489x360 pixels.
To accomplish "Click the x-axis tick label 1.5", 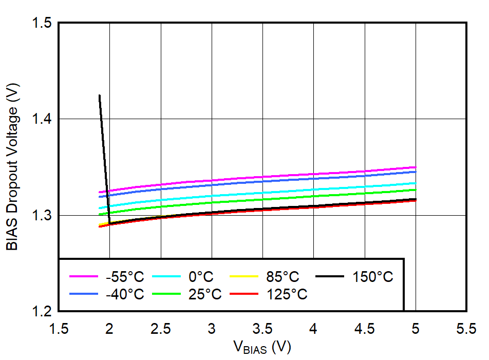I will [x=59, y=329].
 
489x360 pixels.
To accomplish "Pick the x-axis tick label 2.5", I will [x=161, y=329].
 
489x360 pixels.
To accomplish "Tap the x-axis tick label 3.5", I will [x=263, y=329].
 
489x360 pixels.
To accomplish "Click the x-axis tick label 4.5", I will [x=365, y=329].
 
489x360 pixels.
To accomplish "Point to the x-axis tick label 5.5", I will [x=466, y=329].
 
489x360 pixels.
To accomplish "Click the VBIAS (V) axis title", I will [x=262, y=348].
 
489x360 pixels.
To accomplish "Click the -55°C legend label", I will [x=125, y=277].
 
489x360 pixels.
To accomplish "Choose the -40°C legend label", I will [x=125, y=294].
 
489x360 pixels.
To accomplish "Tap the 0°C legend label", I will [x=201, y=277].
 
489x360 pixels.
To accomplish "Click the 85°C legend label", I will [x=283, y=277].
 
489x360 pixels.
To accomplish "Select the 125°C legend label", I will [x=287, y=294].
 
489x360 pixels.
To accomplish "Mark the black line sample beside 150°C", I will [x=329, y=276].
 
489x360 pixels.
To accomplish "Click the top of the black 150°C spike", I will [x=99, y=96].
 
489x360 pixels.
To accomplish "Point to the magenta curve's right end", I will [x=415, y=167].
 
